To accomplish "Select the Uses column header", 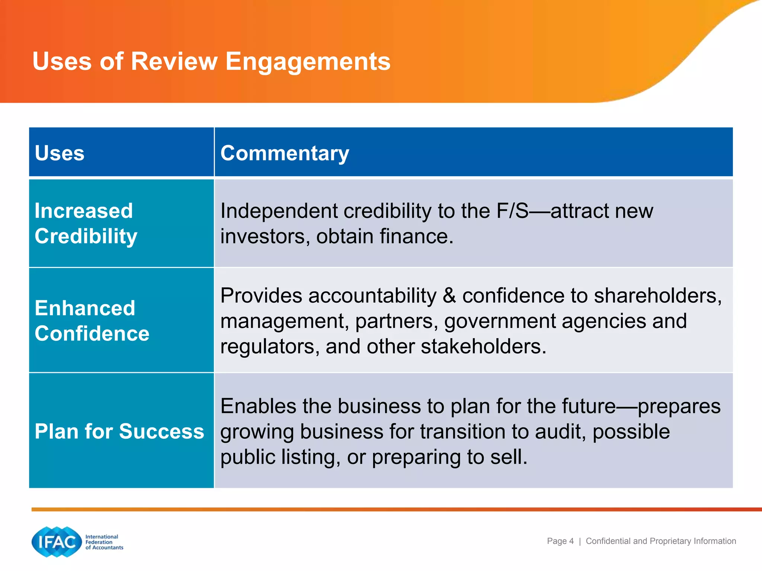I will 60,153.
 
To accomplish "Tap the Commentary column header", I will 285,153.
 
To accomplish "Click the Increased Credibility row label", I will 86,223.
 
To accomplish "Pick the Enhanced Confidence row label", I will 92,320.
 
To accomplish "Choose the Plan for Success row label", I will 119,431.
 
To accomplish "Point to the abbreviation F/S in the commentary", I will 512,211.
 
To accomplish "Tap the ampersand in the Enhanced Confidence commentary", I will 449,296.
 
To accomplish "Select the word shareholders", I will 657,296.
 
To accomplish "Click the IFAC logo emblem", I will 57,542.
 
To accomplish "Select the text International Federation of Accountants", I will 104,542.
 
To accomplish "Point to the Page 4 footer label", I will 560,541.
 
